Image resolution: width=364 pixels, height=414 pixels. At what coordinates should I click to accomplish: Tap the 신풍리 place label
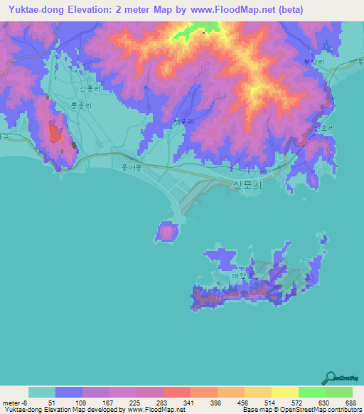(x=92, y=89)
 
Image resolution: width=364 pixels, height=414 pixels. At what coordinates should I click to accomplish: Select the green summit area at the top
(x=195, y=31)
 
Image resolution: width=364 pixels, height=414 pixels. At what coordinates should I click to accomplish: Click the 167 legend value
(x=109, y=403)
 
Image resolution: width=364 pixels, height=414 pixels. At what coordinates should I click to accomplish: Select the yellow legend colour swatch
(x=284, y=392)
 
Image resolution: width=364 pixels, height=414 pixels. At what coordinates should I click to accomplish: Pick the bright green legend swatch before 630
(x=311, y=392)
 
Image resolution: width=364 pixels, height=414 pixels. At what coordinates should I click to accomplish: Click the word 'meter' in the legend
(x=12, y=403)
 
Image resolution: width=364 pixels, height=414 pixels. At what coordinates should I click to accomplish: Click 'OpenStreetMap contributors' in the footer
(x=318, y=410)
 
